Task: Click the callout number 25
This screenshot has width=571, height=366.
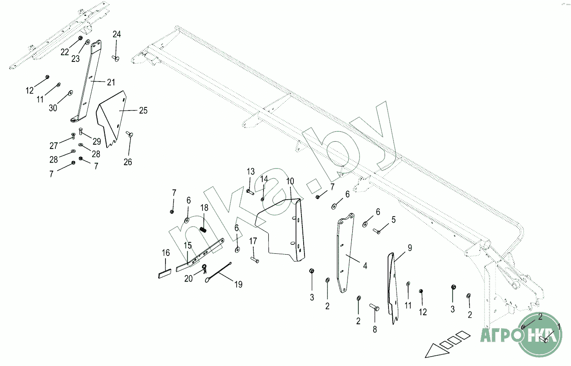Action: tap(143, 110)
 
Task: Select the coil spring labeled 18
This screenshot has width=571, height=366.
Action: tap(203, 229)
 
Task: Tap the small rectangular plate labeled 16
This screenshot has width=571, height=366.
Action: tap(164, 273)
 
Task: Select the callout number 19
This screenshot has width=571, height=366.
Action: tap(238, 284)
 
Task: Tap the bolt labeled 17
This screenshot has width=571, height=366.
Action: tap(255, 260)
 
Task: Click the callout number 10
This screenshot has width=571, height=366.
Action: tap(290, 181)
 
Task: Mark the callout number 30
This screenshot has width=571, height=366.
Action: tap(53, 108)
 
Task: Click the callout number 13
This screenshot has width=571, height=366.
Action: tap(250, 171)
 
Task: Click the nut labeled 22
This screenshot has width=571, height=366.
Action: tap(81, 38)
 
